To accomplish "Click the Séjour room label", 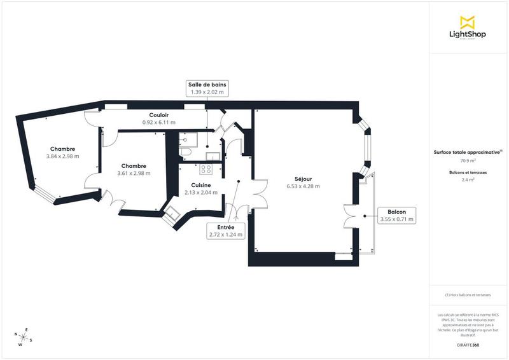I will tap(303, 179).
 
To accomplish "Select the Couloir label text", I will tap(158, 114).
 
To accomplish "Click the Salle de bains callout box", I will tap(207, 88).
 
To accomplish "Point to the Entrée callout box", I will tap(226, 230).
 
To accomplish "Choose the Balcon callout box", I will tap(396, 215).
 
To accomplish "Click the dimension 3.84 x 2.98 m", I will tap(62, 156).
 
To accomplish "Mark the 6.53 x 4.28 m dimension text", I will tap(303, 186).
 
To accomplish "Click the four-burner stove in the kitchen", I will tap(206, 169).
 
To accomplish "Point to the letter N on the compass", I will tap(15, 334).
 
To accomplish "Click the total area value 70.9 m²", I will tap(468, 161).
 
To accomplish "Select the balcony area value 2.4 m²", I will tap(468, 180).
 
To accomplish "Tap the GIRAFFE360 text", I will tap(468, 343).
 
